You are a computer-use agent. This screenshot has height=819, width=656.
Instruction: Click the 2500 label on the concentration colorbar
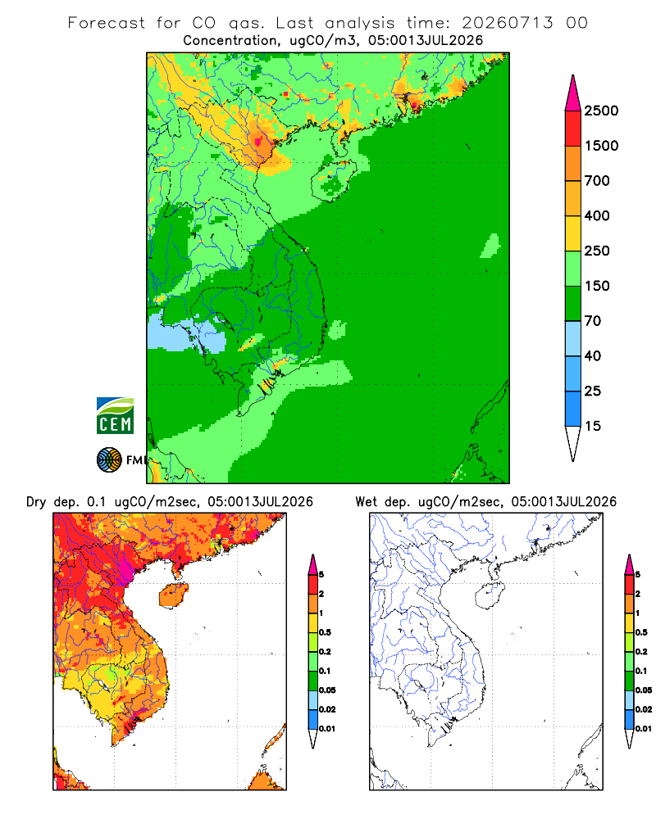point(601,111)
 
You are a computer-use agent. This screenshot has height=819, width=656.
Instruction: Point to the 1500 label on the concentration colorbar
point(601,146)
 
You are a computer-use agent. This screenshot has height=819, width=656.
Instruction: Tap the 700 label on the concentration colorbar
point(597,181)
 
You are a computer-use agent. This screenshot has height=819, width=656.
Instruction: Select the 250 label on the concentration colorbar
point(597,251)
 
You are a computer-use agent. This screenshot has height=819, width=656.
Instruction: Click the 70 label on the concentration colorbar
point(593,321)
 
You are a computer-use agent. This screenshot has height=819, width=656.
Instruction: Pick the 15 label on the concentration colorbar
point(593,426)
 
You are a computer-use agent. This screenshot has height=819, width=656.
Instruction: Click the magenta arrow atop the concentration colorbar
point(573,93)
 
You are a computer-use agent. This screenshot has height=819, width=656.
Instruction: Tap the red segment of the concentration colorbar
point(573,129)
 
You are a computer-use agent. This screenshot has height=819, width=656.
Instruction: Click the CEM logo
point(115,416)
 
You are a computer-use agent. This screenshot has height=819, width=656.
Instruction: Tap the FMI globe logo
point(109,460)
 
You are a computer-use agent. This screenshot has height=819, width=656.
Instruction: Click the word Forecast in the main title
point(107,23)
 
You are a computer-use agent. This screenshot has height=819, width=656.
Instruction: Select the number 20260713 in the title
point(508,23)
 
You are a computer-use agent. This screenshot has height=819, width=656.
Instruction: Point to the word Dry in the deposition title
point(36,502)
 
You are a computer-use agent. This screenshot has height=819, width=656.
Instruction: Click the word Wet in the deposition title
point(367,502)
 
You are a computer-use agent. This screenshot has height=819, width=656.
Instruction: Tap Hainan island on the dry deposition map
point(174,595)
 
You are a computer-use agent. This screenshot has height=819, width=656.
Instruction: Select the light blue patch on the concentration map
point(185,334)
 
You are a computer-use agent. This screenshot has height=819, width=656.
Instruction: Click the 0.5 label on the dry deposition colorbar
point(325,632)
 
